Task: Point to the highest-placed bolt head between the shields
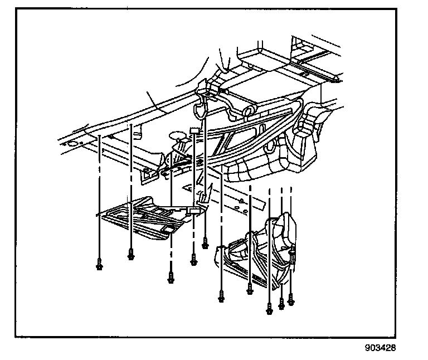click(x=206, y=243)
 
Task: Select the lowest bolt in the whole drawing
click(x=269, y=307)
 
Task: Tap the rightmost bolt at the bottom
click(x=290, y=301)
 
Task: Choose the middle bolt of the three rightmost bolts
click(x=281, y=304)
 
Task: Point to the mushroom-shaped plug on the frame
click(x=178, y=135)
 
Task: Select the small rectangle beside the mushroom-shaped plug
click(x=194, y=131)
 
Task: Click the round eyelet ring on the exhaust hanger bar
click(x=271, y=148)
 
